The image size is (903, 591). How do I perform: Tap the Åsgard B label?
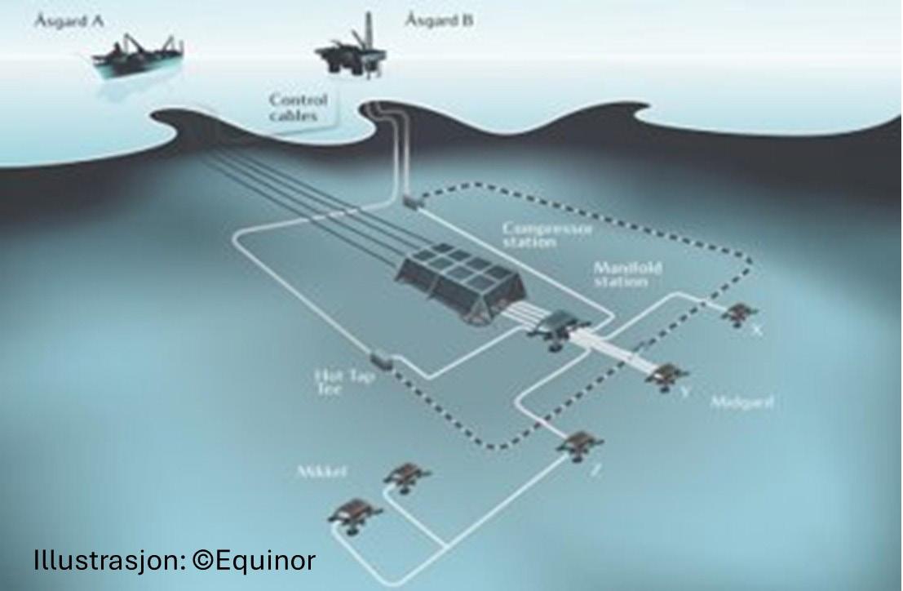(438, 20)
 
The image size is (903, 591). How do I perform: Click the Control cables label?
(299, 108)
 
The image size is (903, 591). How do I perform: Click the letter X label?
(757, 331)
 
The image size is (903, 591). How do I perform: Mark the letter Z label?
(596, 470)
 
